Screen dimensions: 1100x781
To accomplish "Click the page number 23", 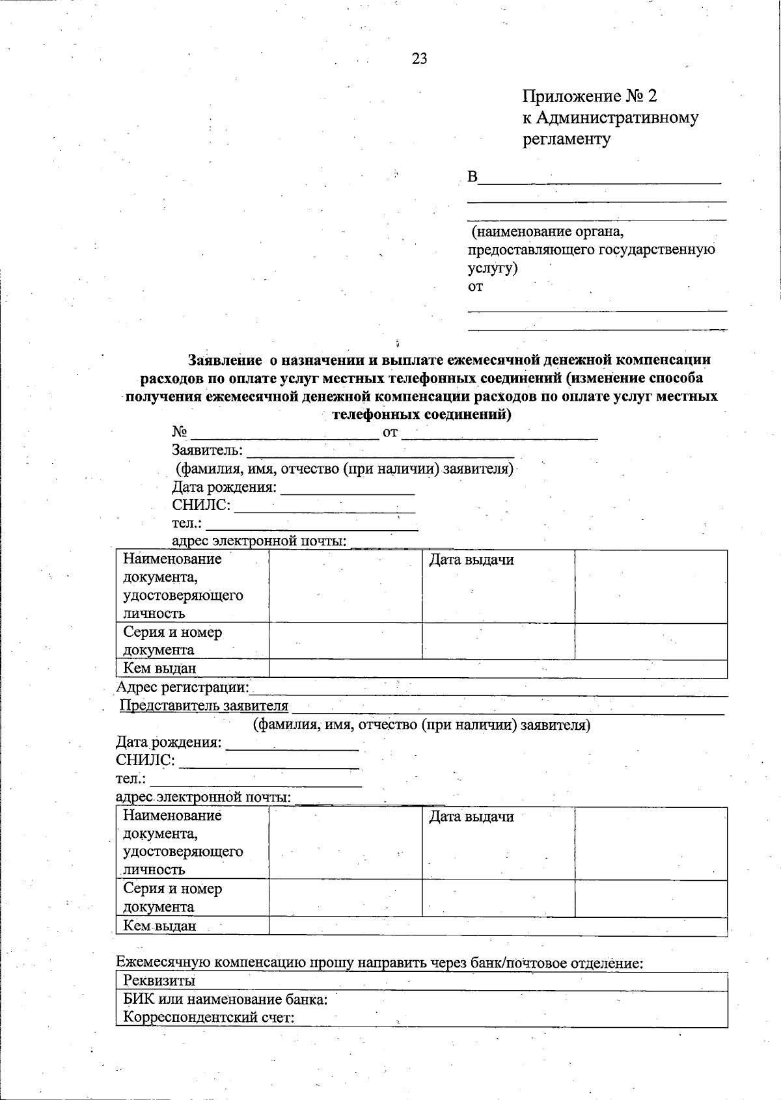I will pyautogui.click(x=420, y=59).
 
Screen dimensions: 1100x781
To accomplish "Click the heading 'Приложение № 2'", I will pyautogui.click(x=590, y=97).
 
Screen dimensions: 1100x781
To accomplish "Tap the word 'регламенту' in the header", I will pyautogui.click(x=566, y=139).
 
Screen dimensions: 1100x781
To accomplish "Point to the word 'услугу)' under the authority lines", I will pyautogui.click(x=493, y=268).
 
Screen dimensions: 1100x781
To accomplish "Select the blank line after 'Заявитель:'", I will pyautogui.click(x=380, y=451).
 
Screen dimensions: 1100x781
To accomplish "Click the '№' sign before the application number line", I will pyautogui.click(x=180, y=433).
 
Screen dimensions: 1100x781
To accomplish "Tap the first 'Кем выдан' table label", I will pyautogui.click(x=159, y=669).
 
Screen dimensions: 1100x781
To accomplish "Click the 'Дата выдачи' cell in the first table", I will pyautogui.click(x=471, y=560).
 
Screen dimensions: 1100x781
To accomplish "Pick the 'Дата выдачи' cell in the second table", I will pyautogui.click(x=471, y=817).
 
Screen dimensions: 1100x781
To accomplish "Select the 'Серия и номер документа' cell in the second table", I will pyautogui.click(x=172, y=898).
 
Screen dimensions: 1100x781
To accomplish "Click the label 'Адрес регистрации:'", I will pyautogui.click(x=183, y=688).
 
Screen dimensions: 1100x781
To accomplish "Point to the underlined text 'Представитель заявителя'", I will pyautogui.click(x=204, y=706).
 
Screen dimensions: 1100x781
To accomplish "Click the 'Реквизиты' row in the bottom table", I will pyautogui.click(x=159, y=981).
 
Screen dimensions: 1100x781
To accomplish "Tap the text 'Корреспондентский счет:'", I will pyautogui.click(x=209, y=1017).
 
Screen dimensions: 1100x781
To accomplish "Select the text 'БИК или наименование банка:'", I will pyautogui.click(x=225, y=999).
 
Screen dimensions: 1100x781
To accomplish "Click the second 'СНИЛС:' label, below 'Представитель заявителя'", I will pyautogui.click(x=145, y=760).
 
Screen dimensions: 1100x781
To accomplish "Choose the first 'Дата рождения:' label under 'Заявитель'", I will pyautogui.click(x=224, y=488).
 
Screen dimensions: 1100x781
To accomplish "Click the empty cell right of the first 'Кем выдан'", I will pyautogui.click(x=497, y=669).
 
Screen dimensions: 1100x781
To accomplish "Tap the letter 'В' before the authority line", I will pyautogui.click(x=473, y=177).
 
